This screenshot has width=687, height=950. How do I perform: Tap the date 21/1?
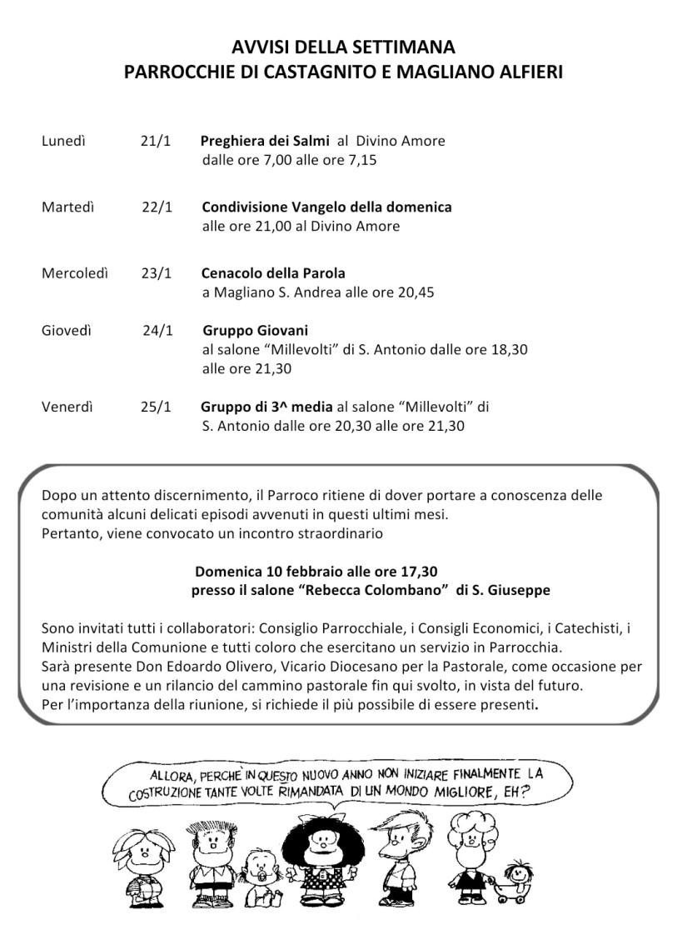(x=155, y=141)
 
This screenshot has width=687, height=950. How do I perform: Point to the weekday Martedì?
(x=67, y=207)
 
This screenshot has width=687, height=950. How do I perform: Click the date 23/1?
(x=155, y=272)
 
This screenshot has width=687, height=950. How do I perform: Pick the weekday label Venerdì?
(x=67, y=407)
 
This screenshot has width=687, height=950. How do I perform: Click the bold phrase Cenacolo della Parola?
(x=273, y=272)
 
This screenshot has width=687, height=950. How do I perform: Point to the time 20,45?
(x=416, y=292)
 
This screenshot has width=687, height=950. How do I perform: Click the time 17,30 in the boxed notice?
(x=419, y=572)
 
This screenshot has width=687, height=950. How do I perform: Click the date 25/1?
(x=155, y=407)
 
